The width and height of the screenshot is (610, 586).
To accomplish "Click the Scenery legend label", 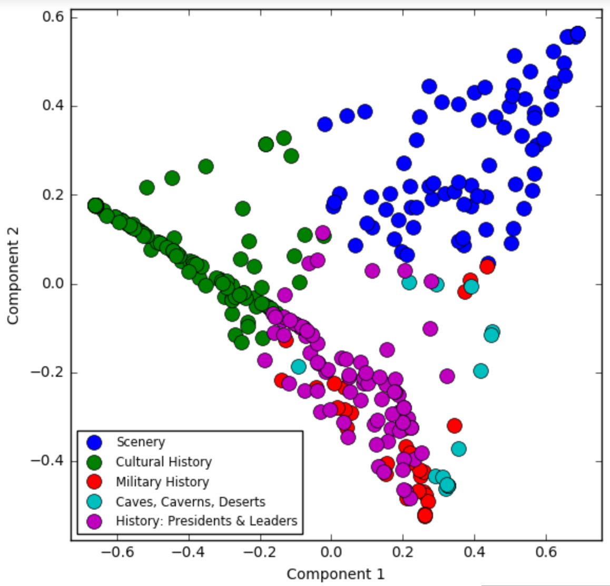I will pos(141,442).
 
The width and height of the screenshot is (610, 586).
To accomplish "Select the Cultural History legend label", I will pos(164,462).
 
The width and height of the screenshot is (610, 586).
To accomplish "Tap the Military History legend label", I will pos(162,482).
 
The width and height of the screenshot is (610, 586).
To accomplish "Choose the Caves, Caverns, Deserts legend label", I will pos(190,502).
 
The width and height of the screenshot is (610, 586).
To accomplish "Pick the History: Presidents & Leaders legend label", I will pos(206,521).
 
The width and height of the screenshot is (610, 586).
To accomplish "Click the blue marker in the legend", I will pos(94,442).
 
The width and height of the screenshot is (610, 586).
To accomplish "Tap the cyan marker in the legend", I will pos(94,502).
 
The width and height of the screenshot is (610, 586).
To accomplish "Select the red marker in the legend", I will pos(94,482).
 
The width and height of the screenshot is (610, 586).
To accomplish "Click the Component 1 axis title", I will pos(336,574).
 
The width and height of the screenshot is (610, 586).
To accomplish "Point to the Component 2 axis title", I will pos(13,276).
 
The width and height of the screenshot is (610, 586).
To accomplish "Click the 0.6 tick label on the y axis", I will pos(53,17).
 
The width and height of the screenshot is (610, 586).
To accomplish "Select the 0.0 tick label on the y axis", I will pos(53,284).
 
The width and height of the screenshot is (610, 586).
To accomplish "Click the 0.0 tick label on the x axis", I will pos(331,553).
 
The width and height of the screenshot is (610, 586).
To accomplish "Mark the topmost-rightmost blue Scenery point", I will pos(577,34).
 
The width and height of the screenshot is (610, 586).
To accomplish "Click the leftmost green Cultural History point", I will pos(95,206).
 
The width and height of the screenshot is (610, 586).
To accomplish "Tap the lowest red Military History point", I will pos(425,516).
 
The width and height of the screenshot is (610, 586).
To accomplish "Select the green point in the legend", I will pos(94,462).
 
